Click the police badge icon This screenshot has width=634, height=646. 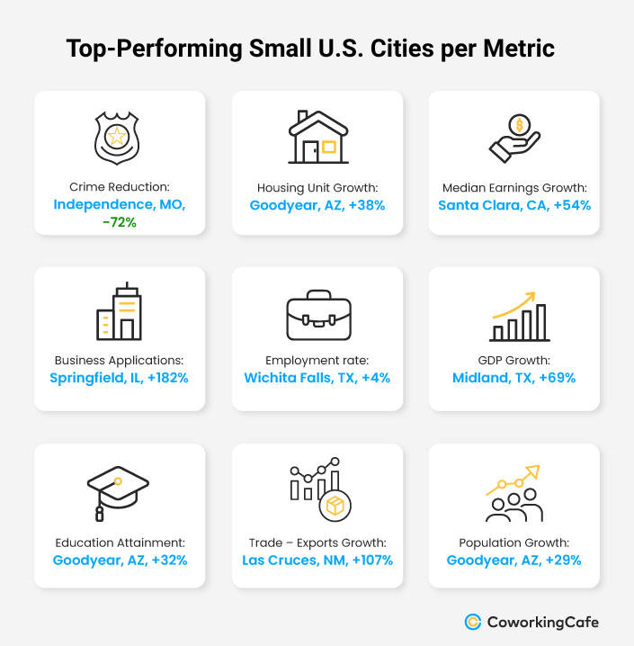pyautogui.click(x=119, y=139)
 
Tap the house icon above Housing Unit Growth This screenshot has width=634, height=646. pyautogui.click(x=317, y=137)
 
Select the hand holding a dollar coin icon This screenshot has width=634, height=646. pyautogui.click(x=513, y=138)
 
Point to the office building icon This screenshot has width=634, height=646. pyautogui.click(x=120, y=312)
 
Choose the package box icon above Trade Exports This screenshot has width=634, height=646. pyautogui.click(x=334, y=506)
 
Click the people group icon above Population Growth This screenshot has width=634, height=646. pyautogui.click(x=513, y=494)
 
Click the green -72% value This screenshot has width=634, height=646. pyautogui.click(x=119, y=221)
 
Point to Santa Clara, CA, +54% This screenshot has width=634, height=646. pyautogui.click(x=514, y=204)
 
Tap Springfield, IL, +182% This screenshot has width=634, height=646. pyautogui.click(x=119, y=378)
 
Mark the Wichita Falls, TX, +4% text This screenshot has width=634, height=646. pyautogui.click(x=317, y=378)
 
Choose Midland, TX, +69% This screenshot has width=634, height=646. pyautogui.click(x=514, y=378)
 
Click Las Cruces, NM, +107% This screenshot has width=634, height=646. pyautogui.click(x=317, y=561)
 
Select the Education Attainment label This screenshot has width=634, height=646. pyautogui.click(x=119, y=543)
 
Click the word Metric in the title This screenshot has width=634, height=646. pyautogui.click(x=518, y=49)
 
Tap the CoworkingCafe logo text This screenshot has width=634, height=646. pyautogui.click(x=542, y=622)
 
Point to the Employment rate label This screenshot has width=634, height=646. pyautogui.click(x=317, y=361)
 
